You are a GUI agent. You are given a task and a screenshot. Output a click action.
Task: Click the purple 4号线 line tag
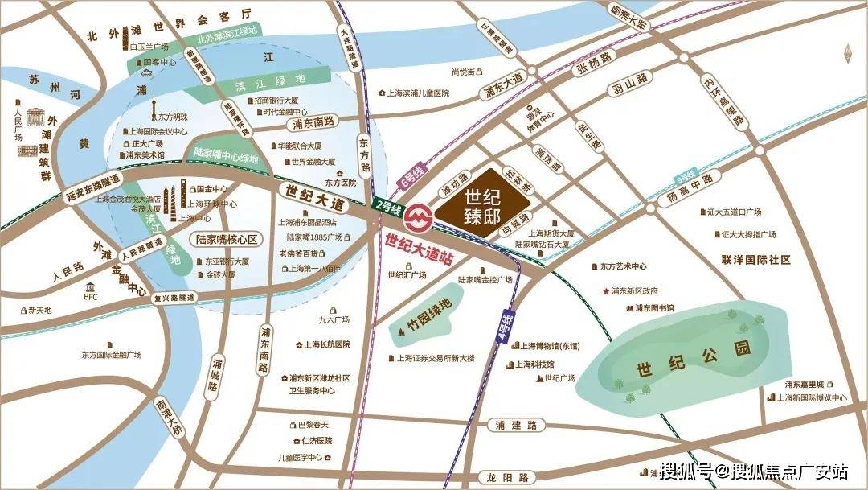pyautogui.click(x=506, y=325)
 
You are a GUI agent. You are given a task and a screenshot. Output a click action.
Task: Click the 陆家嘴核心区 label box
pyautogui.click(x=227, y=239)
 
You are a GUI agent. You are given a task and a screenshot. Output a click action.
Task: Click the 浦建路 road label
pyautogui.click(x=516, y=426)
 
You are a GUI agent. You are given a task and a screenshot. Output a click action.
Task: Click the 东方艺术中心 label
pyautogui.click(x=623, y=266)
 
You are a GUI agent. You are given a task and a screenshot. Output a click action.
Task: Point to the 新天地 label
pyautogui.click(x=39, y=311)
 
